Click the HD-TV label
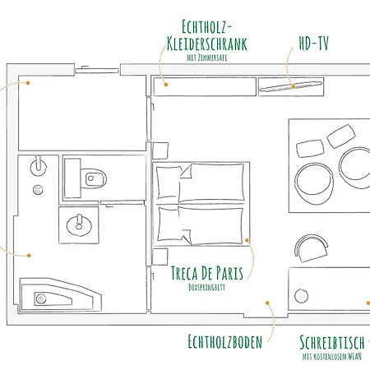(314, 44)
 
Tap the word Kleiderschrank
(207, 44)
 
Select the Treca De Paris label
(207, 273)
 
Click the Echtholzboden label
(225, 341)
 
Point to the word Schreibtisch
(332, 342)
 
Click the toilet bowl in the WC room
(93, 178)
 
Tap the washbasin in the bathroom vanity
(79, 225)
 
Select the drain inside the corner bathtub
(41, 298)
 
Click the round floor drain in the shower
(38, 190)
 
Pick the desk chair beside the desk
(312, 248)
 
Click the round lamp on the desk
(301, 296)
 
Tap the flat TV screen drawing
(291, 86)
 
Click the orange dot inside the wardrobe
(166, 85)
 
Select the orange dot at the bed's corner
(247, 240)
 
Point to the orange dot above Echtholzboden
(267, 303)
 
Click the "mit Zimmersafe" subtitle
(207, 58)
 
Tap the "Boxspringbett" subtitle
(206, 287)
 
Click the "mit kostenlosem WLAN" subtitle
(332, 356)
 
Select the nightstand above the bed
(160, 150)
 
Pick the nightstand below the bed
(160, 257)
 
